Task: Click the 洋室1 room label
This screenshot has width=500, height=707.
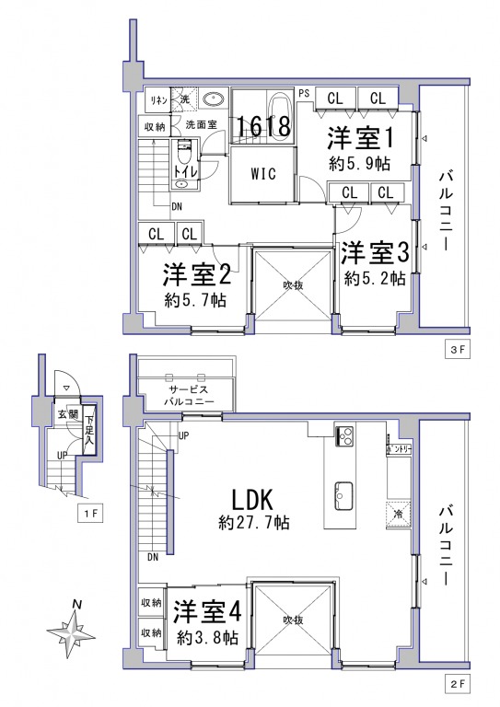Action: [x=362, y=139]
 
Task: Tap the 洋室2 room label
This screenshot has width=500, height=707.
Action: [x=196, y=275]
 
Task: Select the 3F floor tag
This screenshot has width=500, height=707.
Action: [x=458, y=351]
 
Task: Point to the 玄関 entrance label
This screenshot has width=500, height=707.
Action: [x=68, y=415]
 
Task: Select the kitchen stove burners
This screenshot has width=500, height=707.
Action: [x=345, y=436]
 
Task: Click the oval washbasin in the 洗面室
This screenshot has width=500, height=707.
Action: [x=215, y=100]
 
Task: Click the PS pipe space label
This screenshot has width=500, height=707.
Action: [x=303, y=92]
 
